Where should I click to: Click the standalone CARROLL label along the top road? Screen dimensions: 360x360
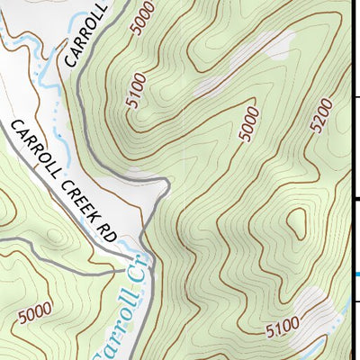click(x=87, y=38)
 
